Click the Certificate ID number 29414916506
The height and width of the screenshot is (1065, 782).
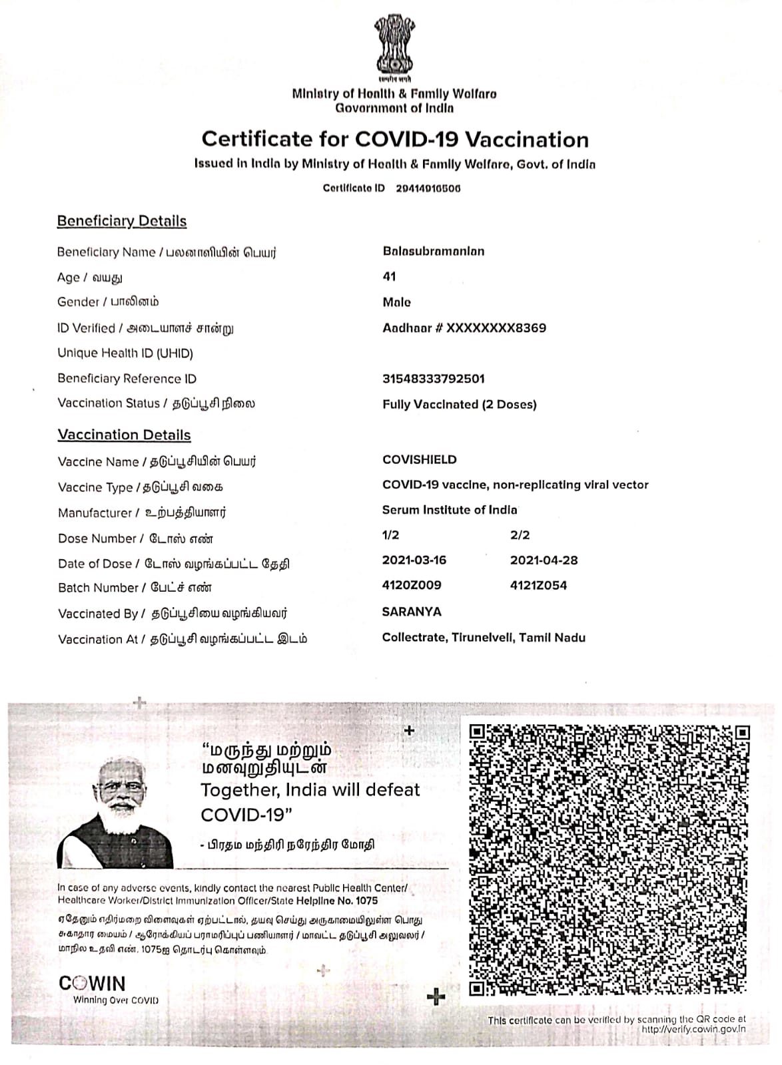(428, 188)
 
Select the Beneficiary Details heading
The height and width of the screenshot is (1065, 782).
(122, 221)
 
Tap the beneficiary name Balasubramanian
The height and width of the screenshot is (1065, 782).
(434, 252)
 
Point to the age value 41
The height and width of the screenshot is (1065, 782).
(389, 277)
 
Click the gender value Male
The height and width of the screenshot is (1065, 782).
(396, 302)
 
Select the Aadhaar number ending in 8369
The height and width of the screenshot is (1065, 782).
(464, 328)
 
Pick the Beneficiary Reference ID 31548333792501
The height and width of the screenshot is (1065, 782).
(434, 379)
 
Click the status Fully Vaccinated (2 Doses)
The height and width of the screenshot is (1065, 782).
(459, 405)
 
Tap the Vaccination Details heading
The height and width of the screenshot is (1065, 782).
(125, 435)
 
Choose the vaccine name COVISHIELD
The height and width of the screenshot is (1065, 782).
(420, 460)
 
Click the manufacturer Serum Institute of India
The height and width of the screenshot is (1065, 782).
(450, 511)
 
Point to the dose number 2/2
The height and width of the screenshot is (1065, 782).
(520, 535)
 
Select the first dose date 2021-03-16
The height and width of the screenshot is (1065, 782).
(414, 560)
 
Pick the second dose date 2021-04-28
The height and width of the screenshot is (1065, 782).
(544, 560)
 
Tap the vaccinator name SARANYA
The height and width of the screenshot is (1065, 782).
(412, 612)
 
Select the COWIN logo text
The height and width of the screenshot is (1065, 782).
(92, 983)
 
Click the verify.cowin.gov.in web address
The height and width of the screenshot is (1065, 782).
(693, 1029)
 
